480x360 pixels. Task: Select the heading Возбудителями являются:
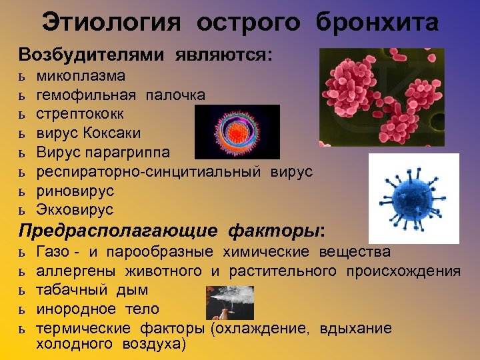click(x=145, y=55)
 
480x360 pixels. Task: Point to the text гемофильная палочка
click(x=120, y=95)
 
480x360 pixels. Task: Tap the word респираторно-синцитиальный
click(x=150, y=171)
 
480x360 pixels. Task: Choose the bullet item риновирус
click(x=75, y=191)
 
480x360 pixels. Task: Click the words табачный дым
click(x=92, y=290)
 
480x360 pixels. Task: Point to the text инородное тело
click(x=97, y=309)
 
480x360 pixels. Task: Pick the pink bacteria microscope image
click(x=372, y=97)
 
